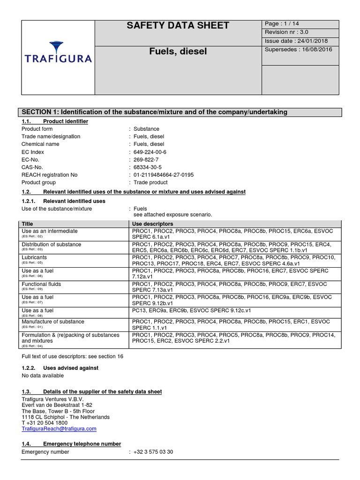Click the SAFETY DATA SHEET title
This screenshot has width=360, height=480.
point(178,26)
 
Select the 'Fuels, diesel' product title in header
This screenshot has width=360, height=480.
point(178,51)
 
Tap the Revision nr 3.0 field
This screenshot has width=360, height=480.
point(287,32)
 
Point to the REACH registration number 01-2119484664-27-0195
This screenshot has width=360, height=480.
point(163,175)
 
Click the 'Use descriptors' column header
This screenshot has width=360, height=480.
point(153,224)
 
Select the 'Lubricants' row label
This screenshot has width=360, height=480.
point(35,257)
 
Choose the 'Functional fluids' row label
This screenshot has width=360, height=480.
point(41,284)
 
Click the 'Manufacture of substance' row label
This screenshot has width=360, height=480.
point(53,322)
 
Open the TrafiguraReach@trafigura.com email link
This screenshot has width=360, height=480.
point(59,428)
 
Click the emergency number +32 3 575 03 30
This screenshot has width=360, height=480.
point(153,452)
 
